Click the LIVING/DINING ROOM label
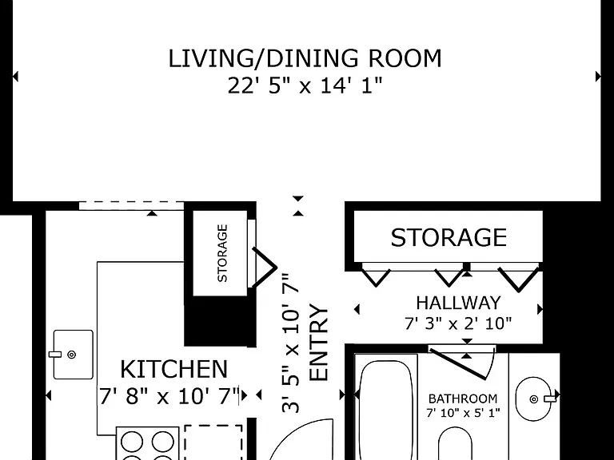(305, 58)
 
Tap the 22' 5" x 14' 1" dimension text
(305, 85)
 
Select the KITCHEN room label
(173, 369)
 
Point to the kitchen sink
(74, 355)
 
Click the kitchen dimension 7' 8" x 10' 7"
(169, 396)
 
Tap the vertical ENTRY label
(319, 343)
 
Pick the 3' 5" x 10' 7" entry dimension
(291, 343)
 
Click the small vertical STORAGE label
(222, 253)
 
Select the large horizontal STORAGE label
(449, 237)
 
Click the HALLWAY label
(458, 303)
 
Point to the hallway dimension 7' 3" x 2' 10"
(458, 323)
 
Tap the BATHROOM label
(463, 399)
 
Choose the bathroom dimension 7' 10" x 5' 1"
(463, 413)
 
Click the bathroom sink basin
(534, 399)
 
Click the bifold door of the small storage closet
(264, 268)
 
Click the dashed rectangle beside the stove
(213, 442)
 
